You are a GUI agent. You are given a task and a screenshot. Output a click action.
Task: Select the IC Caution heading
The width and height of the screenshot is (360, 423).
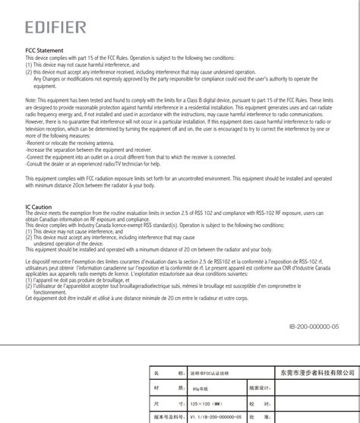click(x=39, y=207)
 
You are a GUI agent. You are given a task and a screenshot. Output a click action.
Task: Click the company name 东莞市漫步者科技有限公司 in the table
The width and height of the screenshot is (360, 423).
click(x=313, y=372)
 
